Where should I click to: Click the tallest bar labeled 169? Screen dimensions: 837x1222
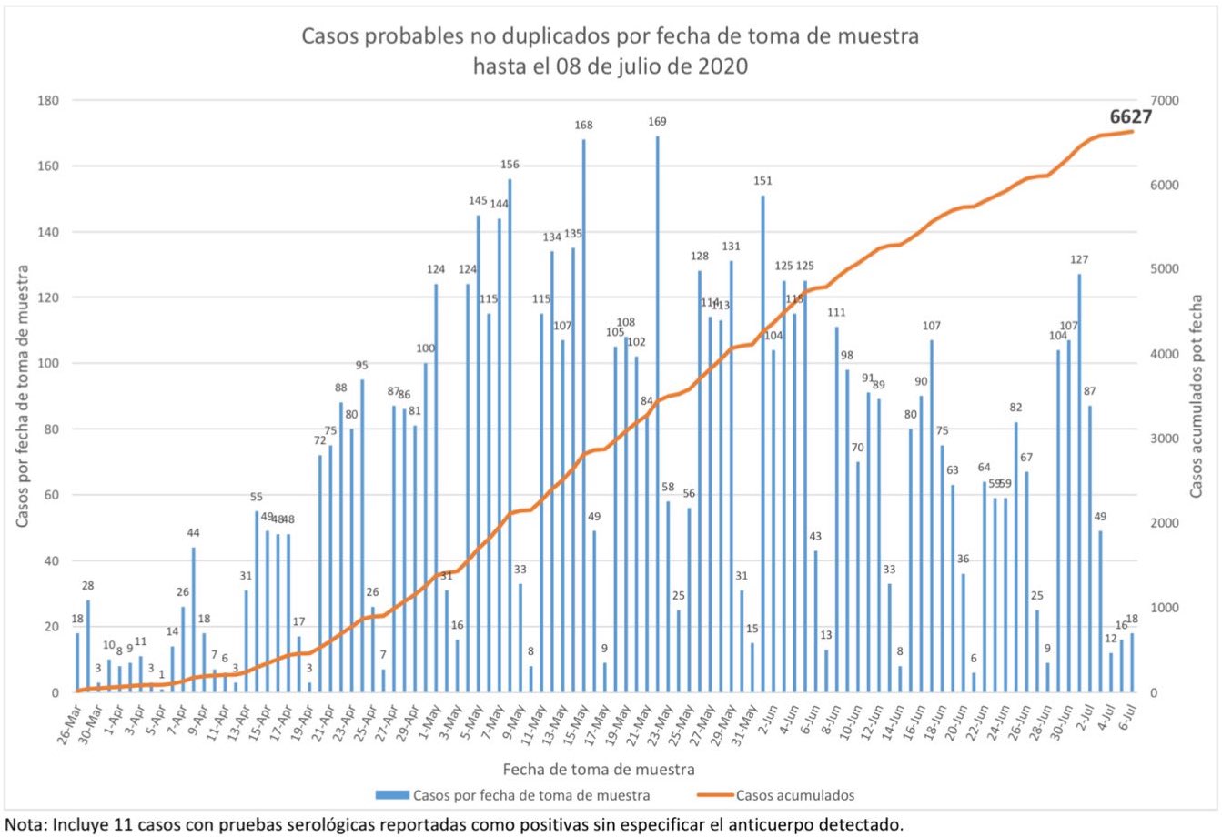pos(658,414)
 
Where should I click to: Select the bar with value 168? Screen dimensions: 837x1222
pos(583,416)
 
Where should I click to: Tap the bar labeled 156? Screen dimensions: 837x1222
pos(510,436)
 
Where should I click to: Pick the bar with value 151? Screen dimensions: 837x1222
pos(762,444)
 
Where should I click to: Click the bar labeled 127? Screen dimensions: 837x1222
pos(1079,483)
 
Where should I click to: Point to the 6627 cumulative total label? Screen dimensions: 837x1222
pos(1131,117)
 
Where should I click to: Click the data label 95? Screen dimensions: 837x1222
pos(361,366)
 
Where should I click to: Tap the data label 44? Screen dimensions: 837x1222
pos(193,533)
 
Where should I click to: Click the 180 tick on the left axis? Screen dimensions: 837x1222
pos(48,100)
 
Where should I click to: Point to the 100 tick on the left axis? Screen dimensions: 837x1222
pos(48,364)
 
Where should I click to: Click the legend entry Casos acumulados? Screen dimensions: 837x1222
pos(794,795)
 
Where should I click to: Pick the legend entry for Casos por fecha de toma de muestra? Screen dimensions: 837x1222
pos(531,795)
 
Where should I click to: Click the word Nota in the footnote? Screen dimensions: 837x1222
pos(24,826)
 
